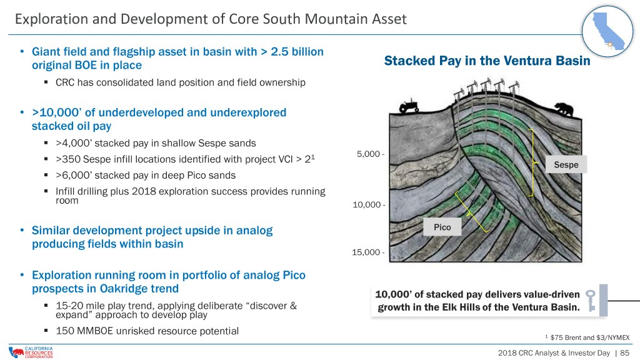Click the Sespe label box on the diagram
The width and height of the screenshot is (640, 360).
tap(566, 164)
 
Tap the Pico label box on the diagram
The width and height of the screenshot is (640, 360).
tap(442, 227)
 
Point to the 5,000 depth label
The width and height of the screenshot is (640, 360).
tap(368, 154)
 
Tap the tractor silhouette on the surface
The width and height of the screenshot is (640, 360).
tap(409, 105)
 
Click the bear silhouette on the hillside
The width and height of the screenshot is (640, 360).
tap(564, 109)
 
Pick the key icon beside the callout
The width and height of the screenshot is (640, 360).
tap(591, 301)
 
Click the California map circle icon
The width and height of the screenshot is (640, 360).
tap(607, 31)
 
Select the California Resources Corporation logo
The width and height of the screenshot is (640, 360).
tap(31, 352)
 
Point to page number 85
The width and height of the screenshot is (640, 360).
tap(624, 352)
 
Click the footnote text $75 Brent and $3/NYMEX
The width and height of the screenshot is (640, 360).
tap(590, 337)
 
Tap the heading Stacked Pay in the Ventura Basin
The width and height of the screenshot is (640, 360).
tap(487, 61)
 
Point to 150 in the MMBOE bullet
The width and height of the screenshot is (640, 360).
tap(64, 331)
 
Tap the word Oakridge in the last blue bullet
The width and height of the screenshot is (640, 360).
tap(124, 289)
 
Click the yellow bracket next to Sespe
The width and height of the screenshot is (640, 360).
tap(532, 163)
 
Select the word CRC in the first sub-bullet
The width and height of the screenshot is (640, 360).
tap(65, 82)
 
